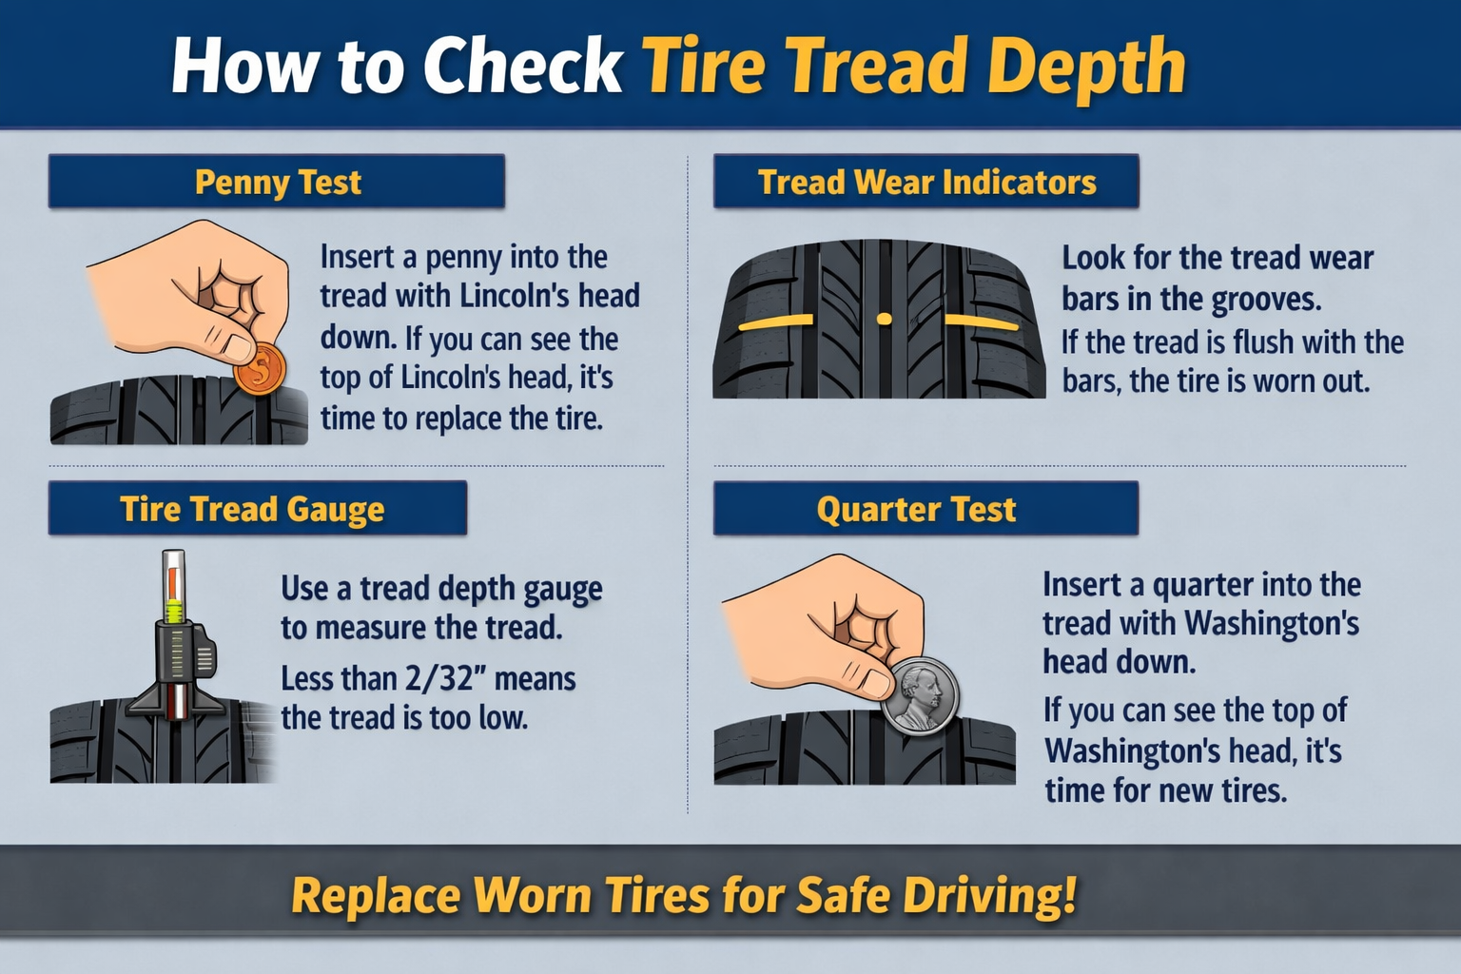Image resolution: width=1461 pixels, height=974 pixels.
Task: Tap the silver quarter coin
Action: click(919, 695)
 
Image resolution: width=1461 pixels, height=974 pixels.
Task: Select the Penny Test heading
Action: click(277, 182)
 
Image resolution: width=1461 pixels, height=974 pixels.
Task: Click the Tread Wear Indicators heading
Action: click(926, 182)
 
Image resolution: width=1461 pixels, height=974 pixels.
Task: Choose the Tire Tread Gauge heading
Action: click(252, 509)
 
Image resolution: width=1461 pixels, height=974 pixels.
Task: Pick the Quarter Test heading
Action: click(916, 509)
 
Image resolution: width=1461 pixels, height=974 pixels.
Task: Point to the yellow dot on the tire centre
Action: click(884, 319)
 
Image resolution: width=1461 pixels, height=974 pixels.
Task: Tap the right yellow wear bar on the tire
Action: click(982, 322)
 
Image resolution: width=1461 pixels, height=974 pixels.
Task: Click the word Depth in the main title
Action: click(1086, 67)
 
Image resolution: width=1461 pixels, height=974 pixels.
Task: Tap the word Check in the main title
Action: click(521, 67)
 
